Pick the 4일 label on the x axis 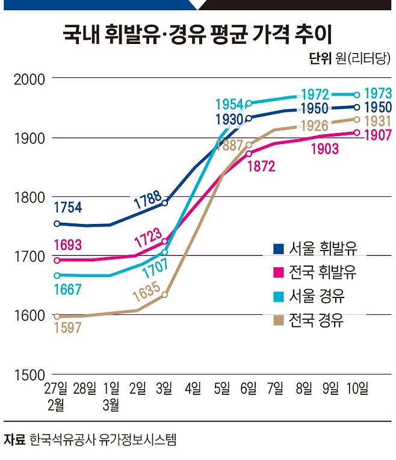pos(193,389)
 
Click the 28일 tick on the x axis pos(84,389)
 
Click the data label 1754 pos(68,208)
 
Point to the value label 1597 pos(68,328)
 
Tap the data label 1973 pos(379,94)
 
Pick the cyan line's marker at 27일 pos(57,275)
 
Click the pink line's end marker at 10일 pos(356,132)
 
